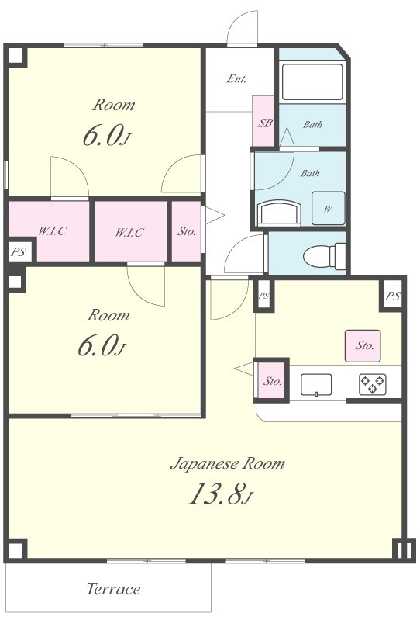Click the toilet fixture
pos(324,256)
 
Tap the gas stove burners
pos(373,384)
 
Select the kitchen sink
pos(316,385)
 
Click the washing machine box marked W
pos(328,208)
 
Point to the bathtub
pos(312,81)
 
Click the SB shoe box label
pos(265,123)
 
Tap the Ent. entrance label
pos(236,78)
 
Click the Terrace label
pos(113,589)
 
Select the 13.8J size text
pos(221,494)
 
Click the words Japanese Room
pos(228,463)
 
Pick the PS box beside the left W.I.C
pos(19,252)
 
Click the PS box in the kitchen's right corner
pos(393,296)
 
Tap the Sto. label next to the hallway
pos(186,232)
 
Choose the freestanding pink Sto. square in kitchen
pos(363,345)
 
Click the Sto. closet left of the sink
pos(272,381)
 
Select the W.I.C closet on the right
pos(129,232)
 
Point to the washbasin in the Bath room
pos(279,213)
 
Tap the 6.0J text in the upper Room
pos(107,136)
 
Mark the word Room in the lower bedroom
pos(108,315)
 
